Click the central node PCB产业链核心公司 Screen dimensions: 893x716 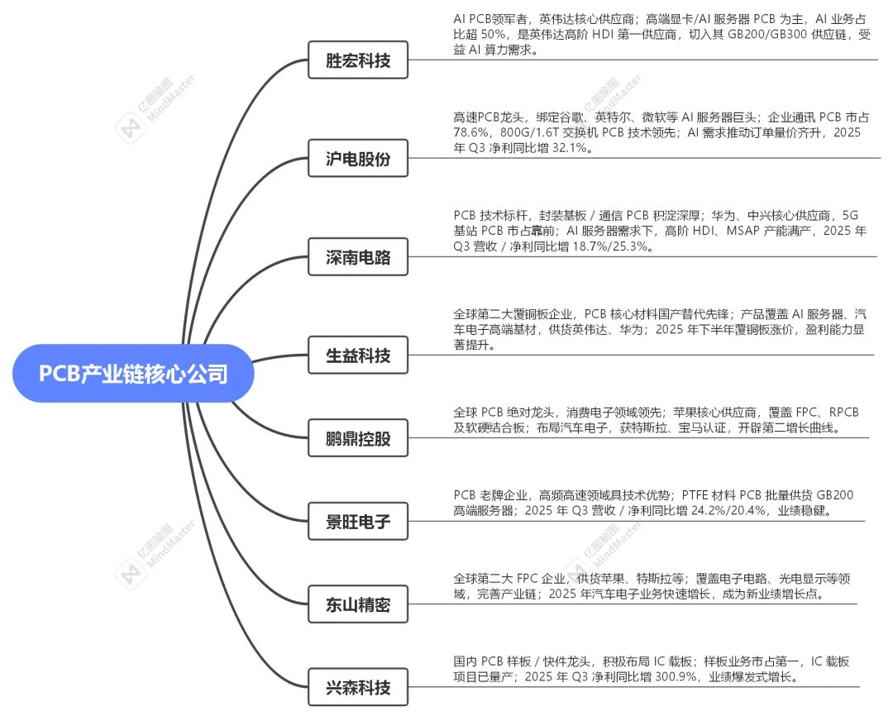(133, 374)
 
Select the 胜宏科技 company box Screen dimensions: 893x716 (358, 60)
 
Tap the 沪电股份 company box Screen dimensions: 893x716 (358, 160)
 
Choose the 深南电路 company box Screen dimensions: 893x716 (358, 258)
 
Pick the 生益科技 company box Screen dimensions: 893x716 (358, 356)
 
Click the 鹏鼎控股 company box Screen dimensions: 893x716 (358, 438)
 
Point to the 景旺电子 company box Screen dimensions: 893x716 (358, 523)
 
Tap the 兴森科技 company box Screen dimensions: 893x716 (358, 687)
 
